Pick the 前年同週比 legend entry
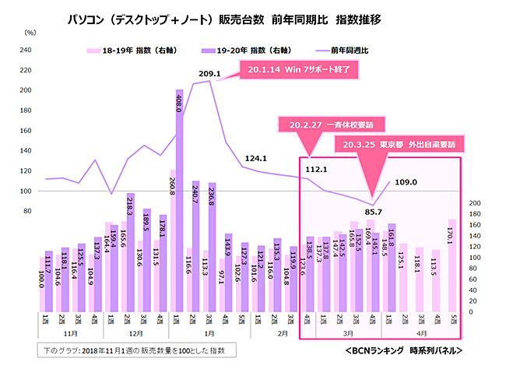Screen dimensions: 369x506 [364, 51]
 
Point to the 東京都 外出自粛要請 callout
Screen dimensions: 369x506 [399, 144]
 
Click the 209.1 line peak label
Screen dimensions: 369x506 [211, 75]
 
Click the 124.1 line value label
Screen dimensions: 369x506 [255, 159]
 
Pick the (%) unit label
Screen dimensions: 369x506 [30, 33]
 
